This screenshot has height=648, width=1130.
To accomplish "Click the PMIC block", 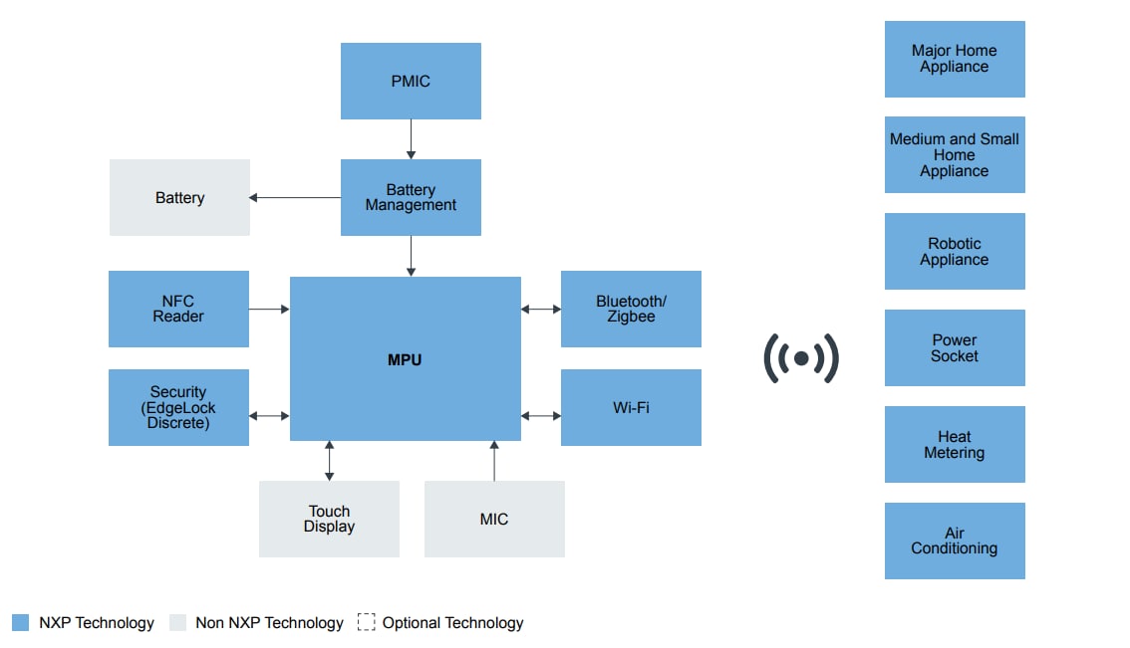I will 411,82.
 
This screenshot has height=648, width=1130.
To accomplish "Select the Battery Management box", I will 411,197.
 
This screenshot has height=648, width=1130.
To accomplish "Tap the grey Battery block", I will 179,198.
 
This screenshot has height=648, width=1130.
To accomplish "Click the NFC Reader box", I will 178,309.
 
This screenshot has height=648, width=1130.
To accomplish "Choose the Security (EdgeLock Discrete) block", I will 178,407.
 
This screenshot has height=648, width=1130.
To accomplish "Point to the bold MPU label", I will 405,360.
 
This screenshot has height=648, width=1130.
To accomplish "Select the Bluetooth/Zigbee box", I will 631,309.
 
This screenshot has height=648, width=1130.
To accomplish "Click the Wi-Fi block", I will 631,407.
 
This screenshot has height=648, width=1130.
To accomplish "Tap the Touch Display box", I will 329,519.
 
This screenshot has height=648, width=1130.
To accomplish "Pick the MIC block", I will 494,519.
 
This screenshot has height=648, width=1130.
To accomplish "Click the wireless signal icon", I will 801,358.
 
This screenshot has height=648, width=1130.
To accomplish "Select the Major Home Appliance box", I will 955,59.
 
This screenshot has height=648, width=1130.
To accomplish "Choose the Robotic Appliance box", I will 955,252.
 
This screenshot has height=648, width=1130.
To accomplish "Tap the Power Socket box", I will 955,347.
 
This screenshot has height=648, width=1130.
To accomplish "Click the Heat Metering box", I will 955,445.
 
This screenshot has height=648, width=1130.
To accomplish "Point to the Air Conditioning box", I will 955,540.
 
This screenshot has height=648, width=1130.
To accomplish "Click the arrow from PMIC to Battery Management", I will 411,139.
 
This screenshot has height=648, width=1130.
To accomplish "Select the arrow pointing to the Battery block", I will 295,198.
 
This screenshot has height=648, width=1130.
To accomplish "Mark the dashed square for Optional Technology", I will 367,622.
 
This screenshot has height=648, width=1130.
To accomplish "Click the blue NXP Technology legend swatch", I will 21,622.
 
